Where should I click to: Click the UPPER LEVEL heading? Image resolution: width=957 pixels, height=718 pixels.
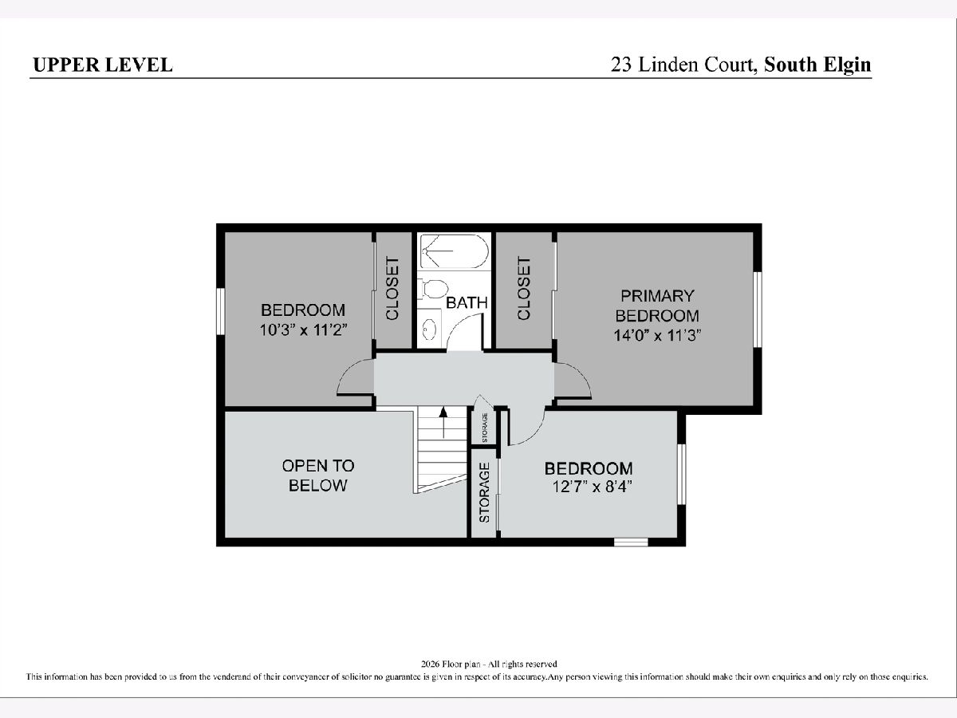coord(103,65)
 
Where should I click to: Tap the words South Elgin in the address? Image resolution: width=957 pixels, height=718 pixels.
coord(817,65)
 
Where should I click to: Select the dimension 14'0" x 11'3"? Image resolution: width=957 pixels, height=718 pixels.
coord(657,336)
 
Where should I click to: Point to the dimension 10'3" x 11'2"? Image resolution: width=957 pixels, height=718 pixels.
coord(304,330)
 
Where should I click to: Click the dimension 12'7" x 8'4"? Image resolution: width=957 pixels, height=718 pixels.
coord(592,487)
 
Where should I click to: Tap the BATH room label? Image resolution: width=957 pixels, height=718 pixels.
coord(467,302)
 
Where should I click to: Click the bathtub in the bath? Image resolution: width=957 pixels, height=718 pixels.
coord(454,251)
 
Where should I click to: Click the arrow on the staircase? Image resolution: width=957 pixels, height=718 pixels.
coord(443,423)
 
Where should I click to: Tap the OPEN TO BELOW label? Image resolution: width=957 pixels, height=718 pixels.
coord(318,475)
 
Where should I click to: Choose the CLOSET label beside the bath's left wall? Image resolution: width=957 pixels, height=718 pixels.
coord(392,289)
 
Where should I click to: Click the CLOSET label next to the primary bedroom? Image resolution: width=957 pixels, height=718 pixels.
coord(524,288)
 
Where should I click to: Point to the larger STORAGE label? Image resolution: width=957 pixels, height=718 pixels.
coord(484,492)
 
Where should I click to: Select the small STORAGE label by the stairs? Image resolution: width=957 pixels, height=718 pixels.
coord(485,428)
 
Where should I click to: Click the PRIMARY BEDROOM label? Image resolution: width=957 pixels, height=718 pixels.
coord(657,306)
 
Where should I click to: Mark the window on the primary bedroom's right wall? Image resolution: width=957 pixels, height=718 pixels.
coord(758,310)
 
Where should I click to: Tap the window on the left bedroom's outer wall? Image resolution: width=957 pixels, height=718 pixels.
coord(221,311)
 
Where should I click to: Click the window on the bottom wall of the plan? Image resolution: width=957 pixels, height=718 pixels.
coord(631,542)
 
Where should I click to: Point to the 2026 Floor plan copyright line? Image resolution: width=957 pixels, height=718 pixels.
coord(489,664)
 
